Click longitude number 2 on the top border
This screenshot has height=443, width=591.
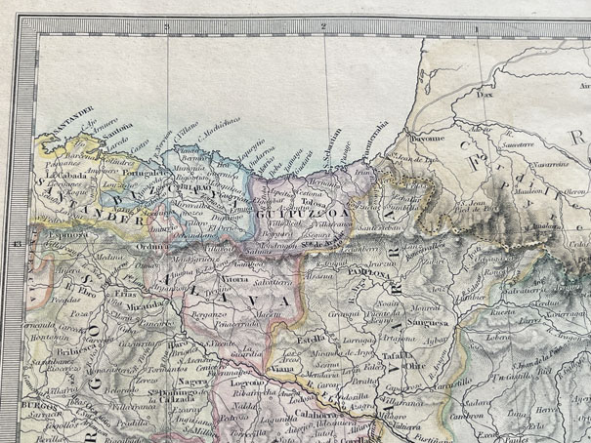coord(321,27)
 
